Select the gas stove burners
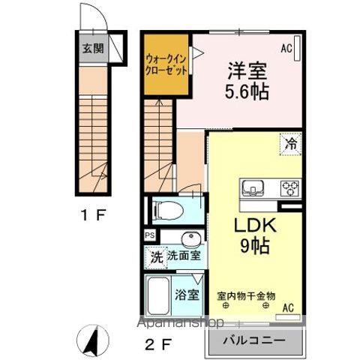[x=289, y=187]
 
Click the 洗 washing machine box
[x=154, y=257]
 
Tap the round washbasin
[x=191, y=240]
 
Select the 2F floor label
[x=160, y=346]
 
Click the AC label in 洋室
[x=287, y=48]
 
